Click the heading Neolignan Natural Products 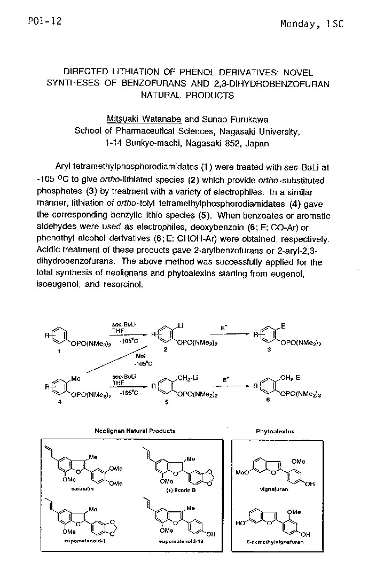pyautogui.click(x=135, y=431)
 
